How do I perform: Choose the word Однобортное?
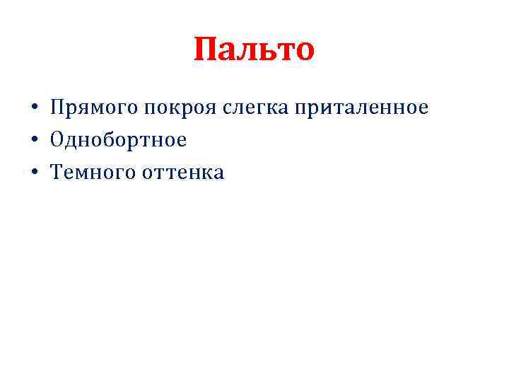(x=118, y=140)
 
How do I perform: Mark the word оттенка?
(x=182, y=172)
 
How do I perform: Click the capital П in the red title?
(x=206, y=50)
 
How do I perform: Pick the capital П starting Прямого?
(x=57, y=108)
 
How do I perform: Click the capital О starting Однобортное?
(x=57, y=140)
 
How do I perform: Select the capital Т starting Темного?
(x=56, y=172)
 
